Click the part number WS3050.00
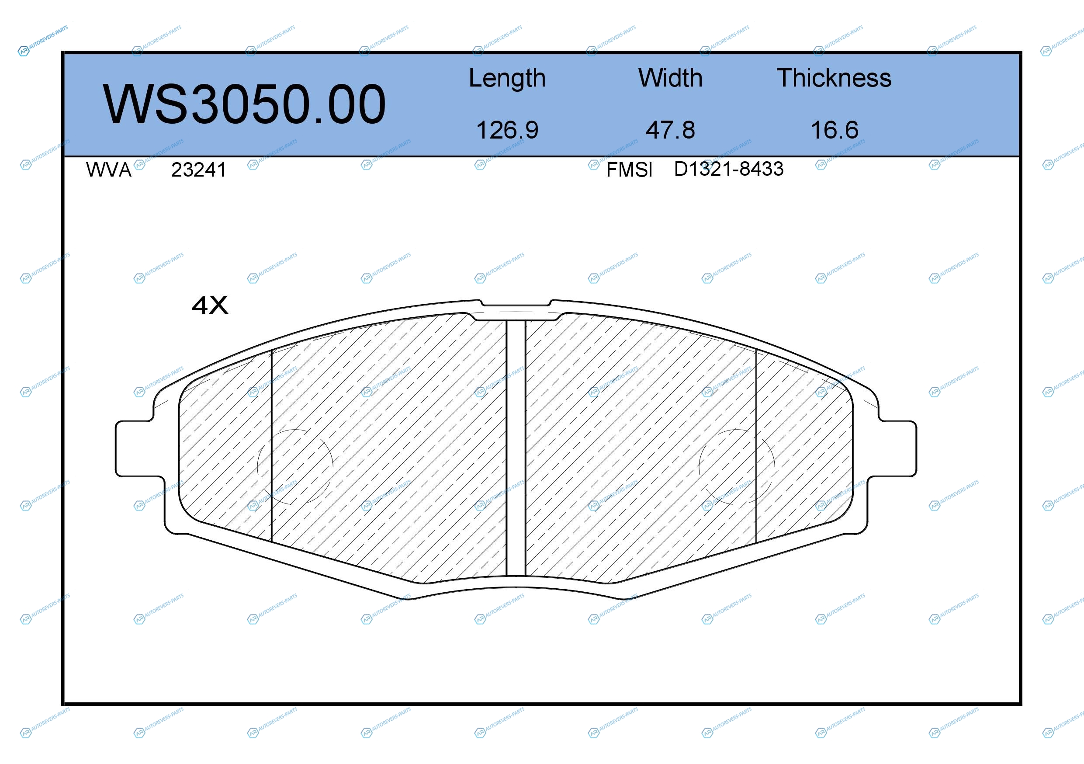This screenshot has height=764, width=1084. [245, 104]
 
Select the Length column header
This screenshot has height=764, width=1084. [507, 78]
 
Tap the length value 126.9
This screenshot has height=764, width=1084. [507, 130]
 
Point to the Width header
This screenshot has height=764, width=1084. [670, 78]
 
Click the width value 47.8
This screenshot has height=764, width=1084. [670, 130]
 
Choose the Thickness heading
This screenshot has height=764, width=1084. [834, 78]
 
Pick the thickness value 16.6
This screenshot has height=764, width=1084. [834, 130]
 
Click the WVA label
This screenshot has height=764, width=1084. [109, 170]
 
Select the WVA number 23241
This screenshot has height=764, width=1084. [199, 170]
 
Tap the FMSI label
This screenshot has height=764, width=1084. [629, 170]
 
